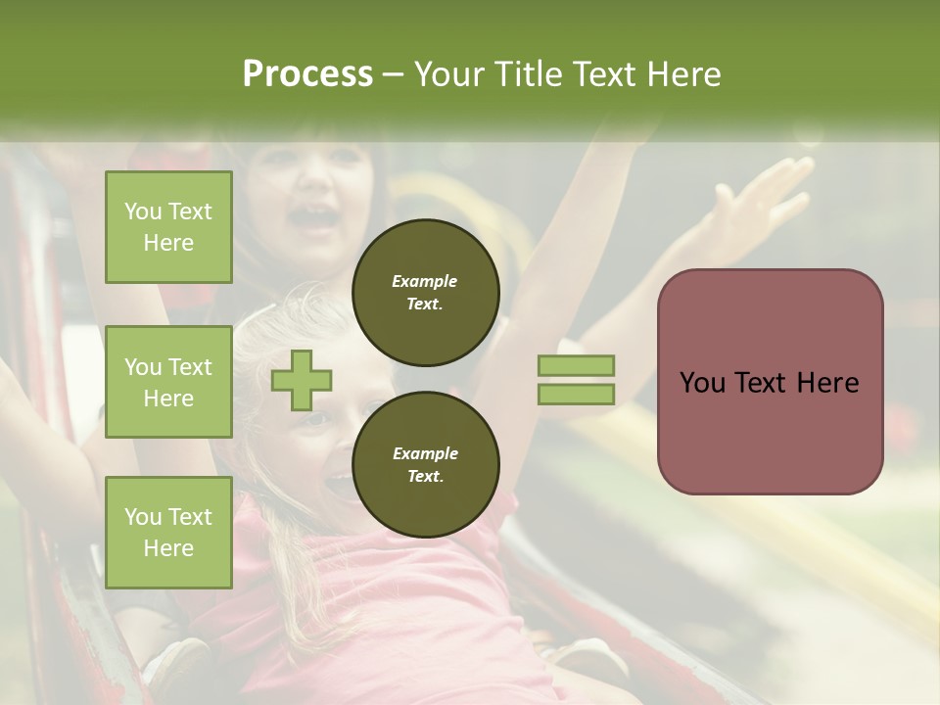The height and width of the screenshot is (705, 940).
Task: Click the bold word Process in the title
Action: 307,74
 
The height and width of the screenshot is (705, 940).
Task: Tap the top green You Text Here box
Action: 168,227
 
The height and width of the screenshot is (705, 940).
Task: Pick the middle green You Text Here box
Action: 168,382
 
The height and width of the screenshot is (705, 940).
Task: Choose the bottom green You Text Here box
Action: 168,533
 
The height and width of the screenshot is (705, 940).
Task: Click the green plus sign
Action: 302,380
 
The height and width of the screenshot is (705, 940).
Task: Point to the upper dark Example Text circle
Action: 425,293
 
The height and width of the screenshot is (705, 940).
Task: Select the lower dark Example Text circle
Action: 425,465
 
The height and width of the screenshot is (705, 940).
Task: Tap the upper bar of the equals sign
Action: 576,366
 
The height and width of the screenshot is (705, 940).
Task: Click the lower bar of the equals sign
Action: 576,394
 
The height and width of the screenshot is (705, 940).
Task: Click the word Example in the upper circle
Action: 425,281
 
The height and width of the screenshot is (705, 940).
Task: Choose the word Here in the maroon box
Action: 827,383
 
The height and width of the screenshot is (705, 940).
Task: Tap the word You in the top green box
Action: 143,211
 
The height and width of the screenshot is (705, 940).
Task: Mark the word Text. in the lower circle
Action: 425,477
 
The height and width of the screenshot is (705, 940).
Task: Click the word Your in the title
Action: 448,74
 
